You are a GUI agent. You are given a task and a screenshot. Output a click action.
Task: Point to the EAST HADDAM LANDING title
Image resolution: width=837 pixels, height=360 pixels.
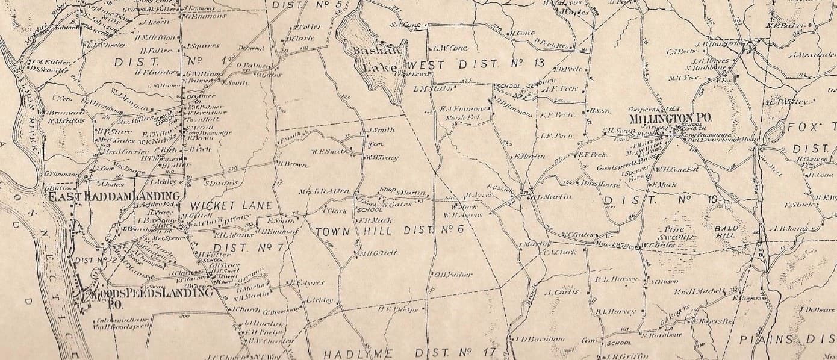pos(114,196)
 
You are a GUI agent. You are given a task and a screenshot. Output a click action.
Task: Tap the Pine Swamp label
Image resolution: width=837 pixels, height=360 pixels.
pos(677,234)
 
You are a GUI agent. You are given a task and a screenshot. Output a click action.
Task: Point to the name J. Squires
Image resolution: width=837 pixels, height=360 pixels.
pos(198,46)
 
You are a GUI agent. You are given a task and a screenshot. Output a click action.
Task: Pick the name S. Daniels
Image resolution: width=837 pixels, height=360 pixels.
pos(222,182)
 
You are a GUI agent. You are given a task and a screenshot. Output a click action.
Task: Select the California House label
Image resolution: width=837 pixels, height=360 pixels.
pos(114,320)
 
